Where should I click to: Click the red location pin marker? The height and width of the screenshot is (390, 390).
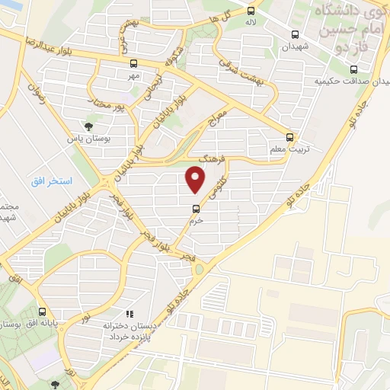(196, 180)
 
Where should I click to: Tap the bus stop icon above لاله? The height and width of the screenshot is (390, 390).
(250, 11)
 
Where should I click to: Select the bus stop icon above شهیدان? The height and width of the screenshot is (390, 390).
(295, 34)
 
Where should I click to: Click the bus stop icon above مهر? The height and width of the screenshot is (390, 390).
(134, 64)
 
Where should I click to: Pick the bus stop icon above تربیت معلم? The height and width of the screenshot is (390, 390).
(289, 137)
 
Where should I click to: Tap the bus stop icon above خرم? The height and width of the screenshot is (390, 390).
(196, 208)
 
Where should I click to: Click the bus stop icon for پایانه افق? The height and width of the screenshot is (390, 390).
(43, 311)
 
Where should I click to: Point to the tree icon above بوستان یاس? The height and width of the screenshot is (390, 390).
(89, 126)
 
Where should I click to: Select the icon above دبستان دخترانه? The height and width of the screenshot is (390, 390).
(129, 313)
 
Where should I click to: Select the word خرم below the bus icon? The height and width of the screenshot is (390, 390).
(196, 219)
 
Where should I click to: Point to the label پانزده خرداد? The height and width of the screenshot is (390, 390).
(126, 336)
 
